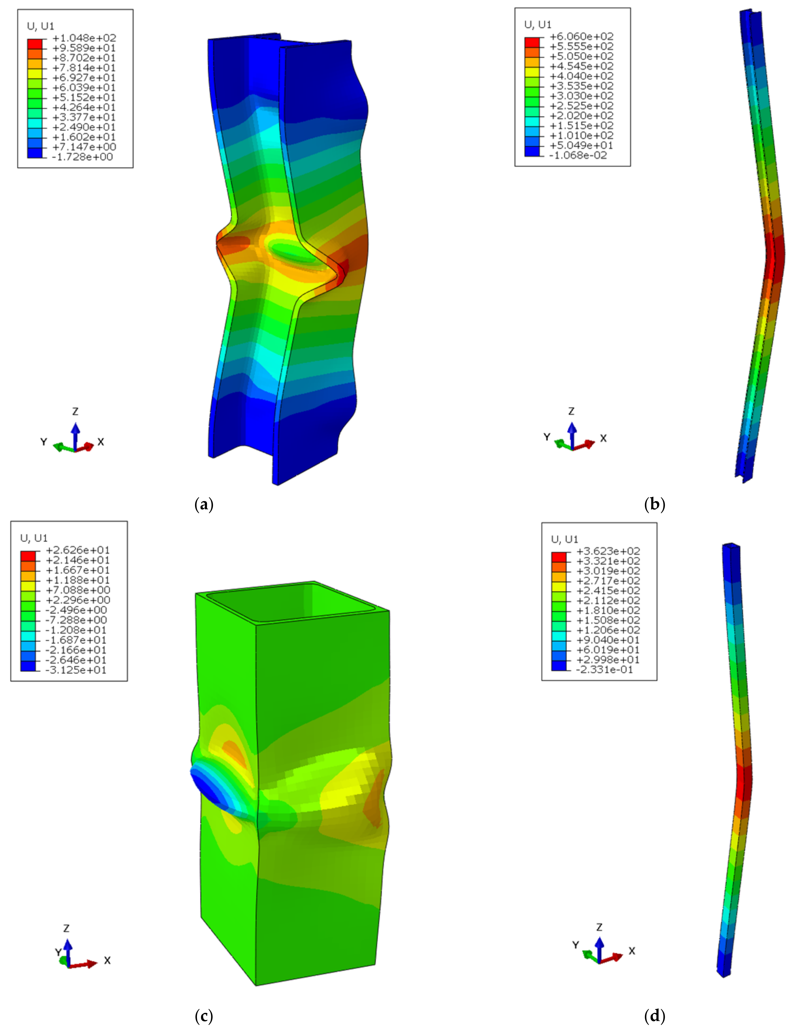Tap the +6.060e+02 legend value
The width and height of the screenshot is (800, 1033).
581,36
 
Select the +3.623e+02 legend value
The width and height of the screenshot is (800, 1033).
608,551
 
